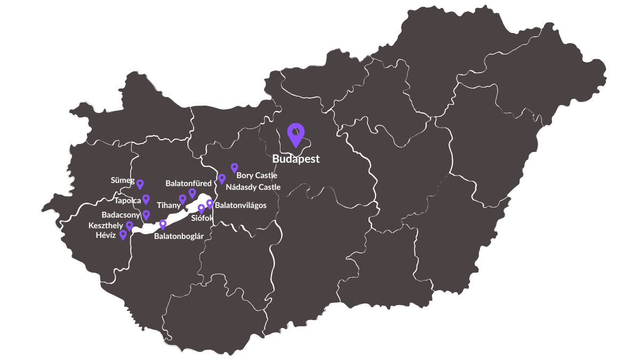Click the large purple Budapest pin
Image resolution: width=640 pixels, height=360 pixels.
point(295,133)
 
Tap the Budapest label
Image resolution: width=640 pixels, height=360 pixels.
point(295,159)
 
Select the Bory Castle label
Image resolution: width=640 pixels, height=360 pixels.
point(257,175)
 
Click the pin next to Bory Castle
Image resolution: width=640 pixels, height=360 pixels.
point(234,168)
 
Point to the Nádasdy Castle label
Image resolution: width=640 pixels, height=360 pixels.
point(253,187)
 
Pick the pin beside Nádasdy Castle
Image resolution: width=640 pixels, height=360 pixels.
point(222,179)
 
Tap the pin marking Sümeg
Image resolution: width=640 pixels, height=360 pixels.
point(140,184)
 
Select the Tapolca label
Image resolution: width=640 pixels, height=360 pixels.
point(127,201)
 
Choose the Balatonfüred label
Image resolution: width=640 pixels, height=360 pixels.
point(188,183)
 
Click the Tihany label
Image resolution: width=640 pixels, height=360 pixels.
point(169,205)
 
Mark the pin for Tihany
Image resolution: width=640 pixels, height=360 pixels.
point(182,199)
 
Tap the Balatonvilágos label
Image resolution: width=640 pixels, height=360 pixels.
point(241,205)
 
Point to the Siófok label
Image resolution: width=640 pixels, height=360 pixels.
point(202,218)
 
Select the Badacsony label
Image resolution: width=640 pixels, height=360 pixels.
point(121,215)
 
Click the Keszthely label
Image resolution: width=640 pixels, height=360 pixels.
point(106,226)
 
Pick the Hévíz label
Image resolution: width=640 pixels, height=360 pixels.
point(106,235)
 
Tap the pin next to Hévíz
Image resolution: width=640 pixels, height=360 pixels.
point(123,235)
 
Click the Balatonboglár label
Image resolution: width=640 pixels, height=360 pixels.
point(179,236)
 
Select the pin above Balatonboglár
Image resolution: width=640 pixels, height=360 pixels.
point(163,225)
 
